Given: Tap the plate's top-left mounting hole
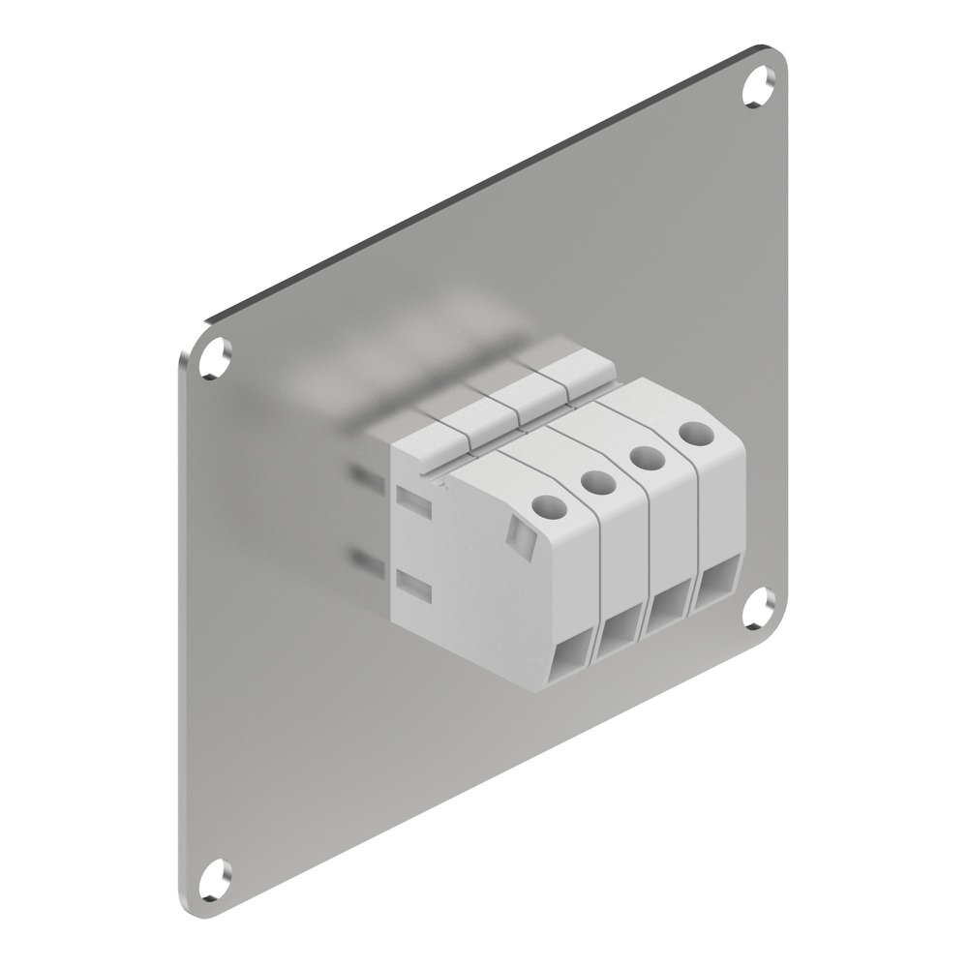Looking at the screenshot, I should (x=215, y=356).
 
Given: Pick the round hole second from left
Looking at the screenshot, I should (x=597, y=480).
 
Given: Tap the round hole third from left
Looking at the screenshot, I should (x=645, y=456).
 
